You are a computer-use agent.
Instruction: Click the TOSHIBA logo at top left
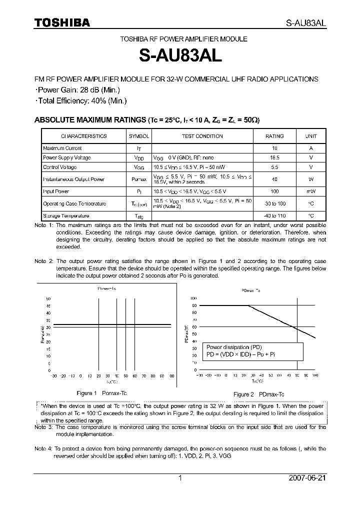pyautogui.click(x=62, y=22)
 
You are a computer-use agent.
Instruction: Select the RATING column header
pyautogui.click(x=274, y=136)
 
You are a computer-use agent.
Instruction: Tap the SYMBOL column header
pyautogui.click(x=139, y=136)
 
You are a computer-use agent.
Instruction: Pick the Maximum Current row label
pyautogui.click(x=62, y=148)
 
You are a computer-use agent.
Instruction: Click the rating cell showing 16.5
pyautogui.click(x=274, y=157)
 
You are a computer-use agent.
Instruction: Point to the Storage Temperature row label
pyautogui.click(x=66, y=216)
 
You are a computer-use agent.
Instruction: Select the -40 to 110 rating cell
pyautogui.click(x=274, y=216)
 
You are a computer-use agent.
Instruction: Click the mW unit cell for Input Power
pyautogui.click(x=311, y=191)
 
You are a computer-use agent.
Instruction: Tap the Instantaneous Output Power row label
pyautogui.click(x=73, y=179)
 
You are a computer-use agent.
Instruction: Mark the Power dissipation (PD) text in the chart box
pyautogui.click(x=234, y=347)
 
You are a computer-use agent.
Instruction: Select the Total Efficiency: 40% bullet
pyautogui.click(x=82, y=100)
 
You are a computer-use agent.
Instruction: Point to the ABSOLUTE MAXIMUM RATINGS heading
pyautogui.click(x=90, y=120)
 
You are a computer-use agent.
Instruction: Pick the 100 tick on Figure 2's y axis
pyautogui.click(x=193, y=298)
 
